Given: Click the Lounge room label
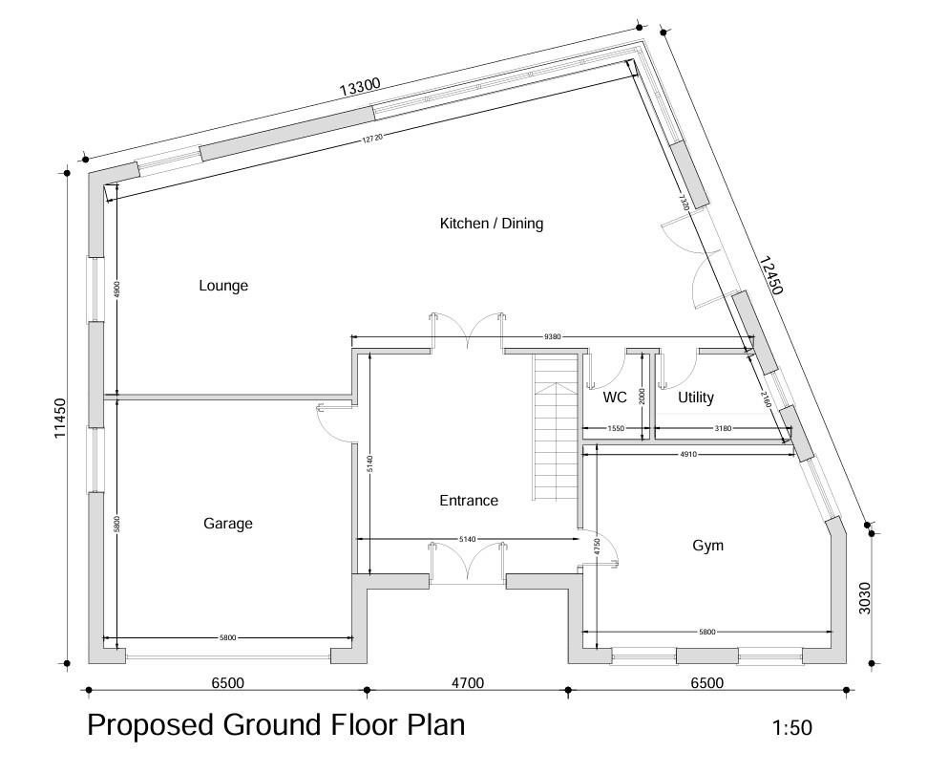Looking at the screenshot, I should click(223, 286).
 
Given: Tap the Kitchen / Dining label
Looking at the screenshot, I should click(491, 224).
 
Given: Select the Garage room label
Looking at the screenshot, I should click(228, 524).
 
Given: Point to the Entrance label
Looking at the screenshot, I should click(469, 501).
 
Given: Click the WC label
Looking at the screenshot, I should click(615, 398).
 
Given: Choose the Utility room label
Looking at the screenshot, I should click(696, 398).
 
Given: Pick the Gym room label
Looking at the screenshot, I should click(707, 546).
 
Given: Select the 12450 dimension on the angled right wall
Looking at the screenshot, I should click(771, 275).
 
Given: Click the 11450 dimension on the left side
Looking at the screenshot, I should click(59, 419).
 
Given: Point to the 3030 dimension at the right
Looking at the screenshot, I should click(865, 597).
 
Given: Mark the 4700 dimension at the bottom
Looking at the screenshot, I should click(467, 682).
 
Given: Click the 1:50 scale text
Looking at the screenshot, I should click(791, 728).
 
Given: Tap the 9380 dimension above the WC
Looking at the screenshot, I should click(552, 336).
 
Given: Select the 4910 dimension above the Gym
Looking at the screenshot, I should click(687, 455).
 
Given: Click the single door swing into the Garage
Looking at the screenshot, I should click(334, 419).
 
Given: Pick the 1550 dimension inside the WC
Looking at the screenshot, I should click(616, 429).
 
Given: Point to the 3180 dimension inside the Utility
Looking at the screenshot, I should click(723, 429).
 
